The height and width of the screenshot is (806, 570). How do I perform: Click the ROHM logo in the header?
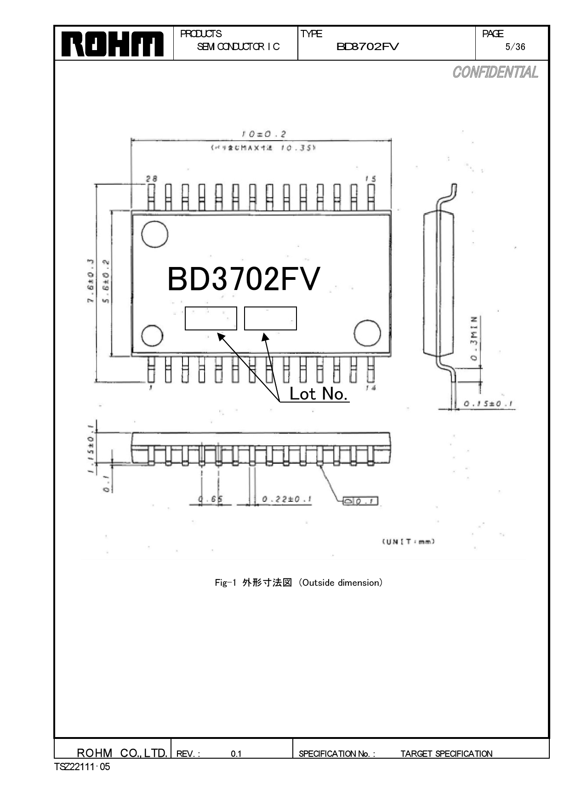(113, 44)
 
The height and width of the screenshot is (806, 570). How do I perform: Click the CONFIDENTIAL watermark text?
(495, 73)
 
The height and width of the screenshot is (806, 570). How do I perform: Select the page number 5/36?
(515, 47)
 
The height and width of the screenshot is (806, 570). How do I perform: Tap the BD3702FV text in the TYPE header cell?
(368, 46)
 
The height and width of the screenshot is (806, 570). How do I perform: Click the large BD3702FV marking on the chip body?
(243, 279)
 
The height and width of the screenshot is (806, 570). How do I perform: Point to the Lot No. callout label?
(318, 394)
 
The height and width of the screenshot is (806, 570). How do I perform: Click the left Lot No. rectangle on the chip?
(211, 318)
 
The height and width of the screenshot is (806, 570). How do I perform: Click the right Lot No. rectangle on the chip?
(270, 318)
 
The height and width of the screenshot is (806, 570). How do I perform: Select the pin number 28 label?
(151, 179)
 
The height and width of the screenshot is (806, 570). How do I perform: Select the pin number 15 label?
(370, 179)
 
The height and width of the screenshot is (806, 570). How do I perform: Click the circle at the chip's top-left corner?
(154, 234)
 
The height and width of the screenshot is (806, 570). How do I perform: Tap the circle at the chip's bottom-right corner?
(367, 333)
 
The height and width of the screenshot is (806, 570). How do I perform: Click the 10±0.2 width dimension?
(263, 134)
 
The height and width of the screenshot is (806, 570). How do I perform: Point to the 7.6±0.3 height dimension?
(91, 281)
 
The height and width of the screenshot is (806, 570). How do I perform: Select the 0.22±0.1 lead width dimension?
(287, 499)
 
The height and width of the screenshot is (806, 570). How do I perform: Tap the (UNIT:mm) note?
(408, 541)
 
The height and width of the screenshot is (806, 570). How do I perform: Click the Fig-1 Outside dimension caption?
(299, 583)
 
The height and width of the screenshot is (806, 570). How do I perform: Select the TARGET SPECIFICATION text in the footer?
(446, 754)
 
